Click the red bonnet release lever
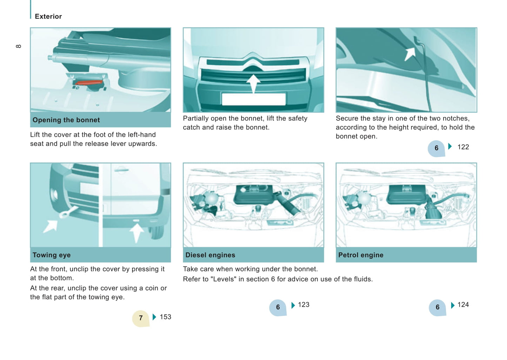89,82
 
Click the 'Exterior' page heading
48,16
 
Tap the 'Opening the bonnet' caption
66,120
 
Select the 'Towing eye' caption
52,255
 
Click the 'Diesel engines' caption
210,255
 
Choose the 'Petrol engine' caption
361,255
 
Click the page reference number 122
463,147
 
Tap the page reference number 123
303,305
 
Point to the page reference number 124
463,305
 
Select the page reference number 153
166,317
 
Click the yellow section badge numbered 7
141,318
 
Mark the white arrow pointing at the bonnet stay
410,54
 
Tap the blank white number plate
253,99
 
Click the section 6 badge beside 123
278,307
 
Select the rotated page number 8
19,46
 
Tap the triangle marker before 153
154,317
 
